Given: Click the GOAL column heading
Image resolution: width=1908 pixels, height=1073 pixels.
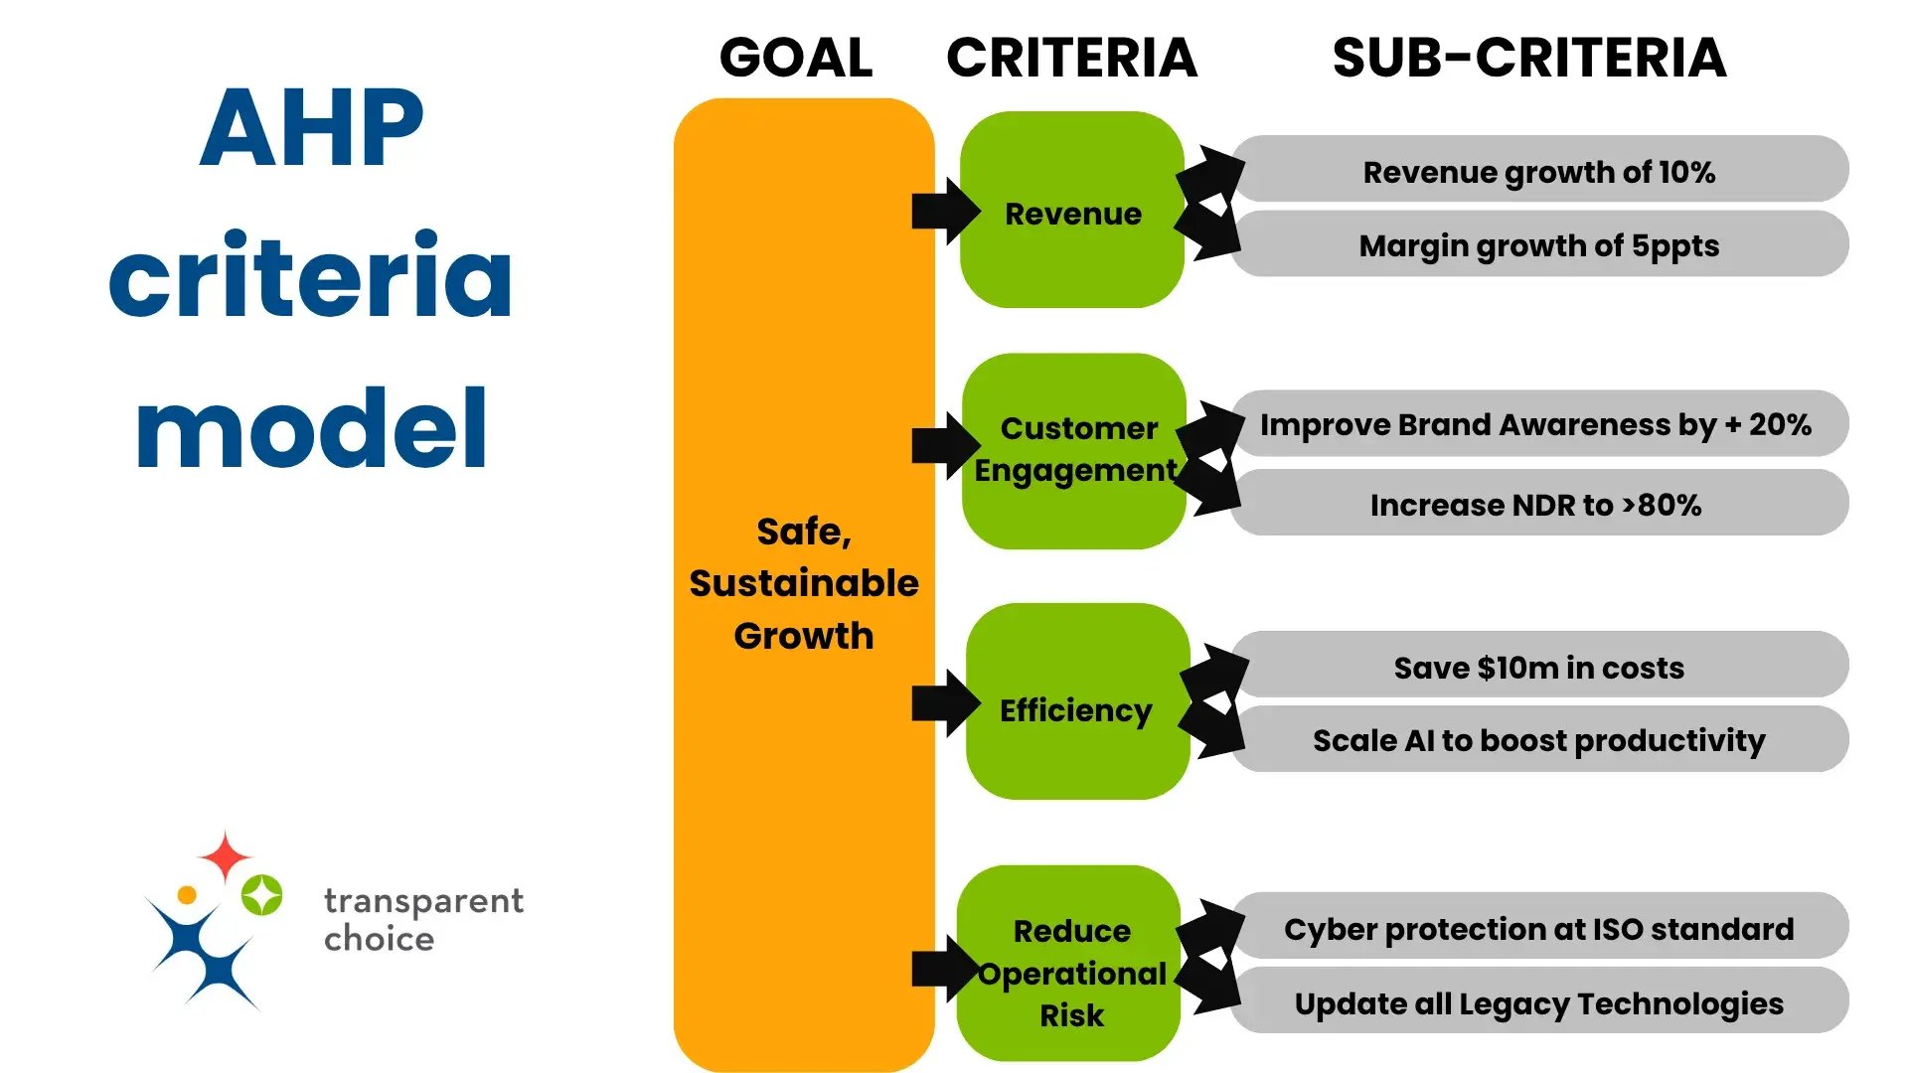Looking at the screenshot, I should (x=796, y=58).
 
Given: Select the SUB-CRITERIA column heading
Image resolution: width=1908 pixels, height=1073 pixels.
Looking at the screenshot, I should (x=1528, y=58).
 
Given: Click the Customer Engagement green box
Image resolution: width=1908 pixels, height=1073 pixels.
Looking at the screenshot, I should (x=1076, y=449).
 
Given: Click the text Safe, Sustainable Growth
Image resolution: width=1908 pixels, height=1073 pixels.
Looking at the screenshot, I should (x=803, y=583).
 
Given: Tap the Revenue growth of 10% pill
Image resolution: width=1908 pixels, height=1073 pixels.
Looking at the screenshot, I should (x=1538, y=171).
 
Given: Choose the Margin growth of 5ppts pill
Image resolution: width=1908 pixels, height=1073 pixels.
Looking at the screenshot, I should (x=1538, y=244).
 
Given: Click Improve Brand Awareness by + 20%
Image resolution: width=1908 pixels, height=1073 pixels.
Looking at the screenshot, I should (x=1536, y=424).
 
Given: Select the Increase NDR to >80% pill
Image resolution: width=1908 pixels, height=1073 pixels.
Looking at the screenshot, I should (x=1536, y=505).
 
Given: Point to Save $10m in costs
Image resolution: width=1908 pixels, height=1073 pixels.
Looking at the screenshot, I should (x=1538, y=667).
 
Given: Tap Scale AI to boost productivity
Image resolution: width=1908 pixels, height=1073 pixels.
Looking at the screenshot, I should (x=1538, y=740).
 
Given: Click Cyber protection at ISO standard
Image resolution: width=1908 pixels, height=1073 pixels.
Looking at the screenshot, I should (x=1538, y=928).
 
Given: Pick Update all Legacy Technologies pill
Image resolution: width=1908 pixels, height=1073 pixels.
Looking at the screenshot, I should (x=1538, y=1002).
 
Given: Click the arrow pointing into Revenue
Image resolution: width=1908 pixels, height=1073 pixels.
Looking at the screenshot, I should (x=944, y=211).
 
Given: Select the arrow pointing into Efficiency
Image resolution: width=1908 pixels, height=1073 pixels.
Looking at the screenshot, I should (x=944, y=703).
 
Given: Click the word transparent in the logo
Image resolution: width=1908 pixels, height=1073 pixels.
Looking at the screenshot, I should (x=423, y=900).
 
